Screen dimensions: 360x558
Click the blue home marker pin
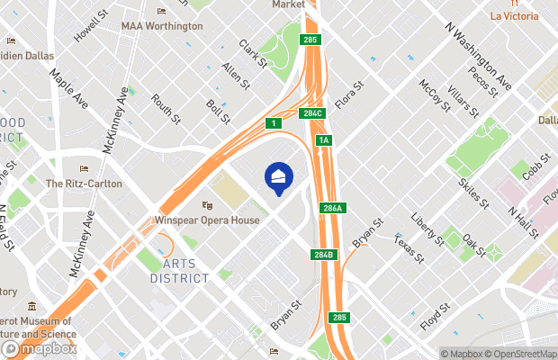279,177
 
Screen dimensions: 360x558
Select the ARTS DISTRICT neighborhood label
180,271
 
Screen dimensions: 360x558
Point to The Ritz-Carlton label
84,183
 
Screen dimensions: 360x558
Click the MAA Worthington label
162,26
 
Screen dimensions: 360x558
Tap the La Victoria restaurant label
515,15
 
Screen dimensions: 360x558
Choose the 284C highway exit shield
312,113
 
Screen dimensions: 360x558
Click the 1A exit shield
324,140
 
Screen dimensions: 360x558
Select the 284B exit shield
325,254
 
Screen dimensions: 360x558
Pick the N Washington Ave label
479,56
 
